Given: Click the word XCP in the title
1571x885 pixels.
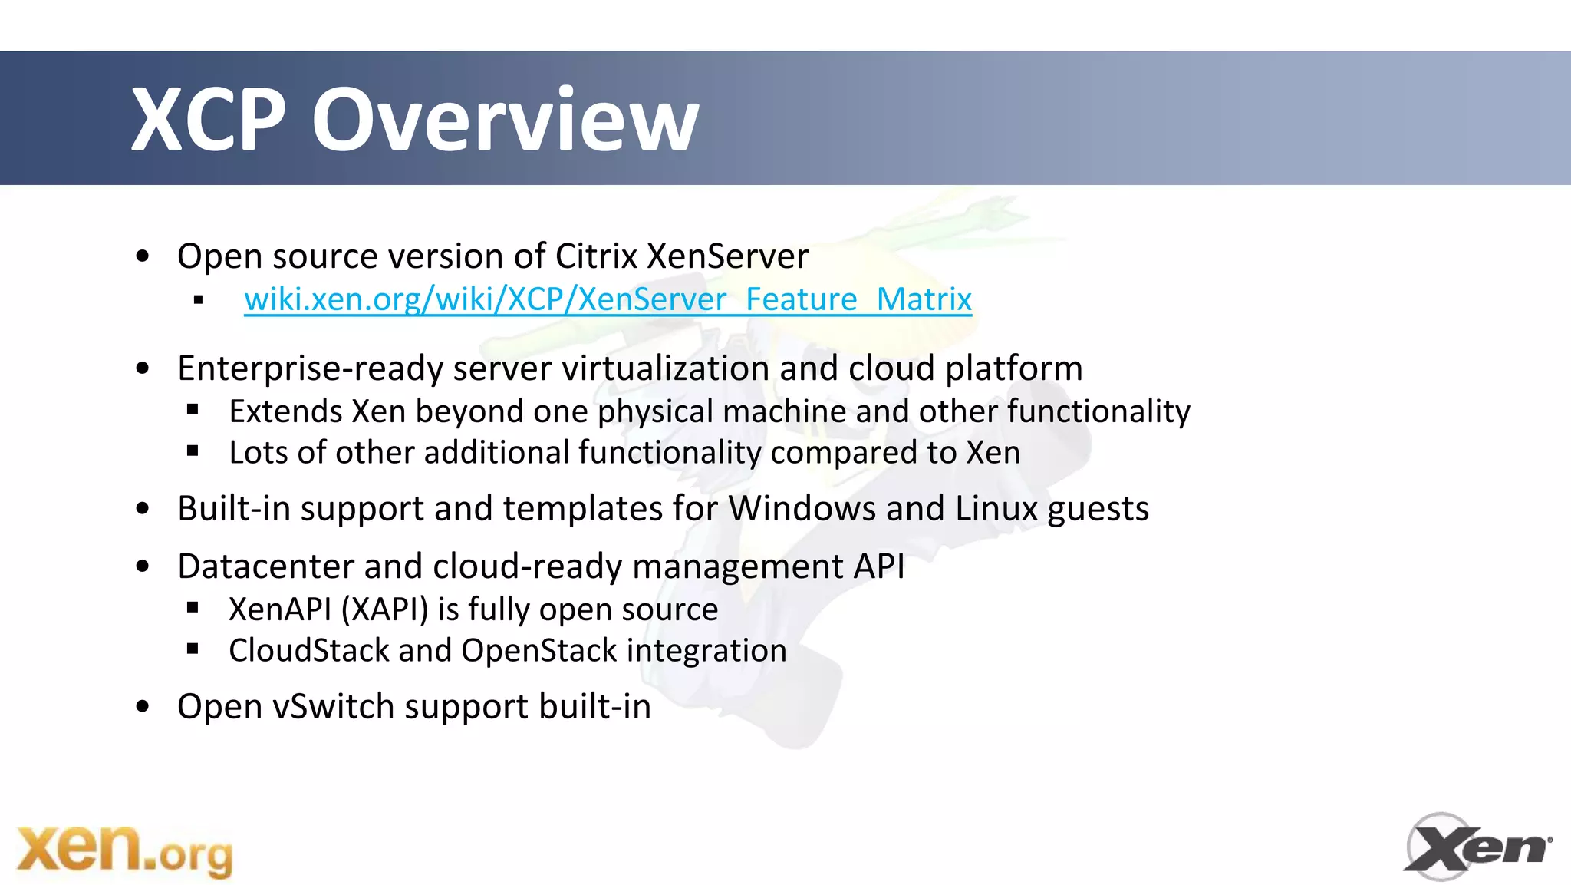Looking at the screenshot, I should coord(208,120).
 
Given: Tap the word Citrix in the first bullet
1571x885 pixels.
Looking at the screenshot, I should coord(596,256).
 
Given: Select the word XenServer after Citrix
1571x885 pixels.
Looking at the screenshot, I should coord(727,256).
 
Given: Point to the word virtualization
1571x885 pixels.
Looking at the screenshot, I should coord(665,368).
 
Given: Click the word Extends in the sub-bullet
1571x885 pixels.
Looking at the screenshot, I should coord(285,412).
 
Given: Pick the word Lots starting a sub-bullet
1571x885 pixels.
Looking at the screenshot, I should coord(259,453).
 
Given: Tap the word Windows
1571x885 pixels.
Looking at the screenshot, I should coord(802,509).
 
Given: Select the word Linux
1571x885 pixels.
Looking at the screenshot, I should coord(996,509).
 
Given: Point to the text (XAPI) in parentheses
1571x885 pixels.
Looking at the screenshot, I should coord(384,610).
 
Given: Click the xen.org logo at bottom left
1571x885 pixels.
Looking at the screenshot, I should coord(124,850).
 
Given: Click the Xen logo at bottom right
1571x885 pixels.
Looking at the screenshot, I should coord(1477,847).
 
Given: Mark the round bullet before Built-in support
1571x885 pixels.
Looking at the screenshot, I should coord(143,509).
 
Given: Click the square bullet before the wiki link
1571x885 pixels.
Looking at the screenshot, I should coord(199,300).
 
